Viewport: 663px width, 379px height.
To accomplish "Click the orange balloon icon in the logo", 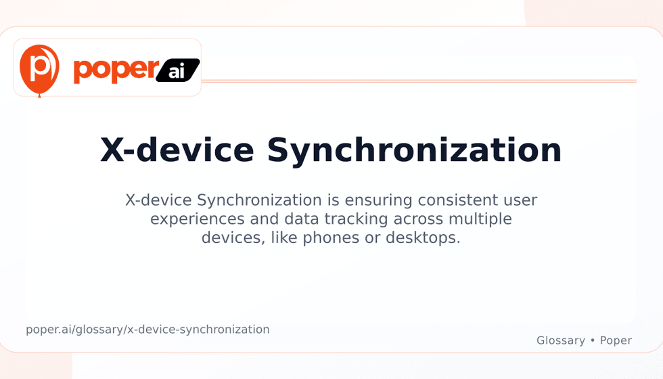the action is (39, 70).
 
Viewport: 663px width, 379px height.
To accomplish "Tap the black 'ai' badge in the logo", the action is (177, 70).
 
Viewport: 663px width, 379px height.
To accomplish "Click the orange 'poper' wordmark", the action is (116, 70).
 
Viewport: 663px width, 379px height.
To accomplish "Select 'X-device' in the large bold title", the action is (177, 150).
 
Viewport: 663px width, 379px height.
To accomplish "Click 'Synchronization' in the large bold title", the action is (414, 152).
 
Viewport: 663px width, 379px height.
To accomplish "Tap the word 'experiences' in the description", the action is (198, 219).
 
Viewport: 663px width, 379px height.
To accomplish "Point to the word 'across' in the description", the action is (418, 219).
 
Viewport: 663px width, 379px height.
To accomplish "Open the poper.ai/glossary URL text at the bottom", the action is (147, 330).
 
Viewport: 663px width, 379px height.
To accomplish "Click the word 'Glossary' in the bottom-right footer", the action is (561, 340).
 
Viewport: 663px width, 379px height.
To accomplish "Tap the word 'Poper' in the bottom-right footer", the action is (616, 340).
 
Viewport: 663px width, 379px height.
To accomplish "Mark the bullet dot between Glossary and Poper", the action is (593, 340).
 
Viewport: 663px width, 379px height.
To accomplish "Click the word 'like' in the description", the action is (284, 238).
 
